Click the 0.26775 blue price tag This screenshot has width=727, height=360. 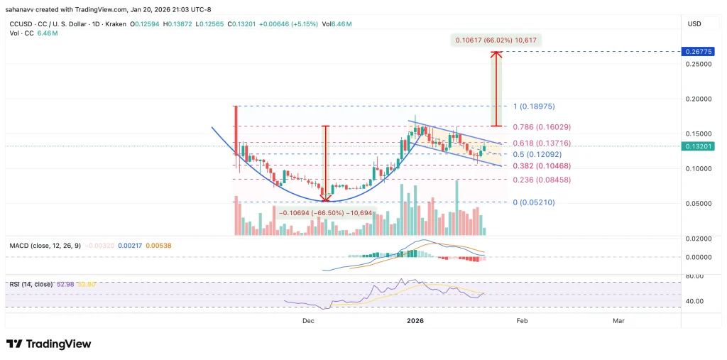(693, 52)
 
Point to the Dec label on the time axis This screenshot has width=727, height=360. (307, 321)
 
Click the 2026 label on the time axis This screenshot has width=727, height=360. (415, 321)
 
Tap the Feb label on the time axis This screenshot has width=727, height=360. (522, 321)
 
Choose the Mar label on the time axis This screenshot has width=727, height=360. (618, 321)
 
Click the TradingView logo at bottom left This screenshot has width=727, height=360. (49, 344)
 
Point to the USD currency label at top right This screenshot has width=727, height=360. (694, 23)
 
